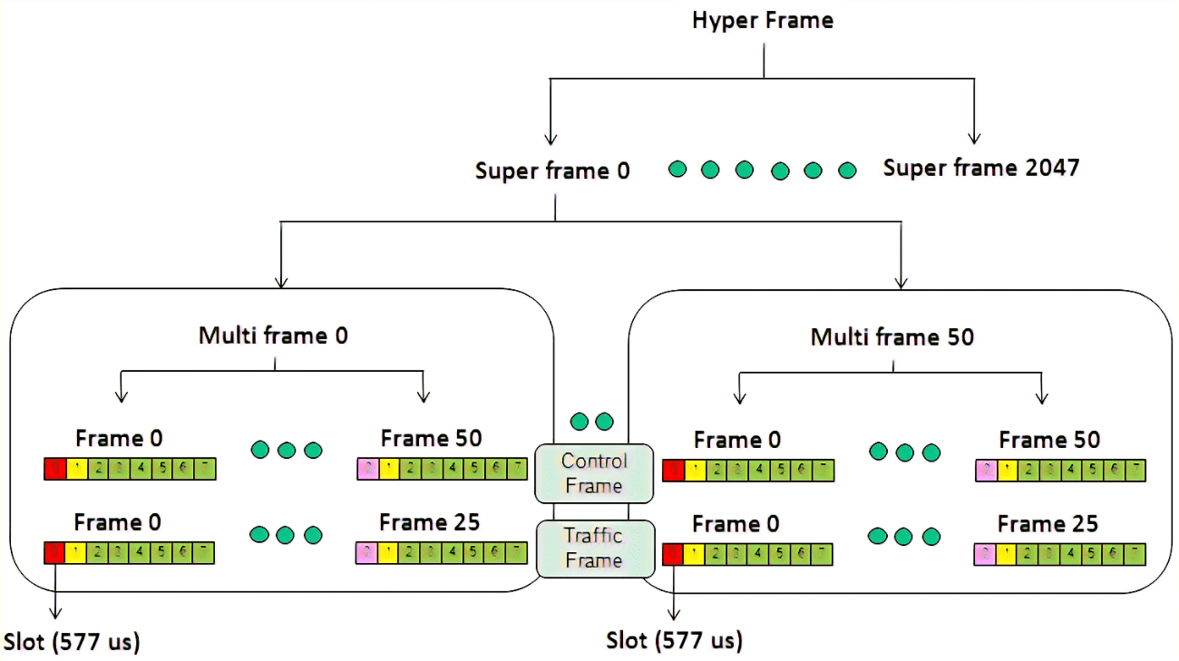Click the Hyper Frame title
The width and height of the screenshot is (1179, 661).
click(763, 20)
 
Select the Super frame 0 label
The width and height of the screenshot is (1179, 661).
click(552, 170)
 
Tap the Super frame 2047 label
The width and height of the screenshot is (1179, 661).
click(981, 168)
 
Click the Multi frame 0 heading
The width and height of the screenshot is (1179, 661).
click(273, 335)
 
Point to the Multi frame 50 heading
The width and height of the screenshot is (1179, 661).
click(892, 337)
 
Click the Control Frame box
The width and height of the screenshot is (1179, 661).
click(594, 473)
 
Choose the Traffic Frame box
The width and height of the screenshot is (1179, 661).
click(594, 549)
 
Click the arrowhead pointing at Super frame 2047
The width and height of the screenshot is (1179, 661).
click(974, 138)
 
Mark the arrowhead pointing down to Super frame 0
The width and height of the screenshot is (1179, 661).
click(550, 138)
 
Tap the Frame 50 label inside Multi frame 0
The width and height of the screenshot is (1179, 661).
click(431, 439)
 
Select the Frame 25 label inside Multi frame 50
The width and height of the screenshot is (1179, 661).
click(1047, 524)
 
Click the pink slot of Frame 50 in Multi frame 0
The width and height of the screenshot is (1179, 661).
click(367, 469)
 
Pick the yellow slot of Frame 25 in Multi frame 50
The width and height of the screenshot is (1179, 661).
click(1006, 554)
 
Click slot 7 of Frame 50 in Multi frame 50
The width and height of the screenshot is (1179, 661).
click(1135, 470)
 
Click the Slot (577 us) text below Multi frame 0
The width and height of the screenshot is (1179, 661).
click(72, 643)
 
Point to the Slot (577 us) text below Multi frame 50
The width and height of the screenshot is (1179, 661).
click(674, 641)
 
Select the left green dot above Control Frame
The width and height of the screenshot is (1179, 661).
click(579, 422)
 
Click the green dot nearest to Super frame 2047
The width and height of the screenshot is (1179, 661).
click(847, 170)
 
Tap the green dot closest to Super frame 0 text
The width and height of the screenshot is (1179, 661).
click(677, 170)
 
